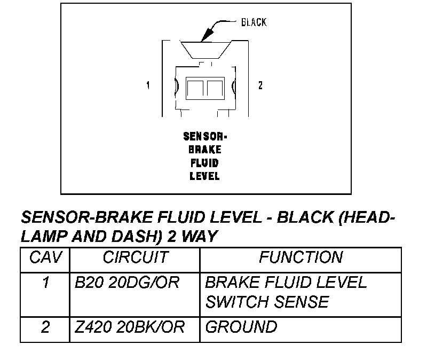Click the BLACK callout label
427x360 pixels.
pyautogui.click(x=254, y=22)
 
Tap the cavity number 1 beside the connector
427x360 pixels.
pyautogui.click(x=148, y=85)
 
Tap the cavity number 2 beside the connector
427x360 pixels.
pyautogui.click(x=260, y=85)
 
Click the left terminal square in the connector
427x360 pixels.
pyautogui.click(x=195, y=87)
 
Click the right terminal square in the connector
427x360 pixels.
pyautogui.click(x=214, y=87)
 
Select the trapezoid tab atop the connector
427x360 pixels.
pyautogui.click(x=204, y=51)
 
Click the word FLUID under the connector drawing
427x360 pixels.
pyautogui.click(x=204, y=162)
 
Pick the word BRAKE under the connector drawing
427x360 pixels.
pyautogui.click(x=204, y=150)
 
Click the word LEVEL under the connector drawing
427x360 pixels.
pyautogui.click(x=204, y=176)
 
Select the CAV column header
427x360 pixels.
pyautogui.click(x=46, y=258)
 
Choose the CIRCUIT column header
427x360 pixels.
pyautogui.click(x=135, y=258)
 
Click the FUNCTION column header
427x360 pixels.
pyautogui.click(x=301, y=258)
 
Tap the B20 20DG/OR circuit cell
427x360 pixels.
pyautogui.click(x=128, y=283)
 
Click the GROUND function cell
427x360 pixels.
pyautogui.click(x=241, y=327)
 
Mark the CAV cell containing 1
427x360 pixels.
pyautogui.click(x=46, y=283)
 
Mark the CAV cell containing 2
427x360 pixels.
pyautogui.click(x=46, y=327)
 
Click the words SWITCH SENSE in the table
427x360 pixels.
pyautogui.click(x=267, y=302)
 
